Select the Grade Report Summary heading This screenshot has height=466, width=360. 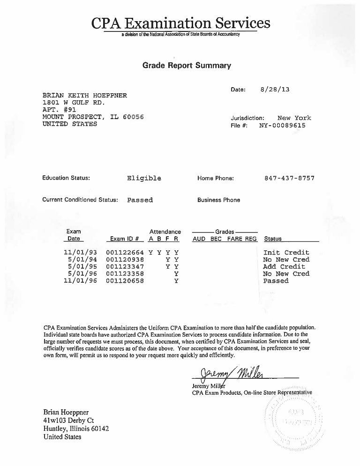pos(187,66)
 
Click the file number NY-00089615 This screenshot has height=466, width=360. pos(282,126)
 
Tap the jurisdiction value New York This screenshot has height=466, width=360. pos(294,118)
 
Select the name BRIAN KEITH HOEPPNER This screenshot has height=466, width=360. pos(85,95)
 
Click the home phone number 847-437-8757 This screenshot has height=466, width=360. pos(289,178)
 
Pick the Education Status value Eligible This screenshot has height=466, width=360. pos(144,178)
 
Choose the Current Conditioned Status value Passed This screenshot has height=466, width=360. pos(140,200)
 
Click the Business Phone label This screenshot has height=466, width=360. pos(218,200)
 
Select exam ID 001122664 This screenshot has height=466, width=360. pos(125,252)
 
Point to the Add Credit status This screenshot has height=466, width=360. pos(284,266)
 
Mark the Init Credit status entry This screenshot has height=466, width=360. pos(286,252)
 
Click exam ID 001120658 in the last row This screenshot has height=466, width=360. pos(125,281)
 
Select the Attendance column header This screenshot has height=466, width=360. pos(165,232)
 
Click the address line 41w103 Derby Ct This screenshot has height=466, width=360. pos(68,421)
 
